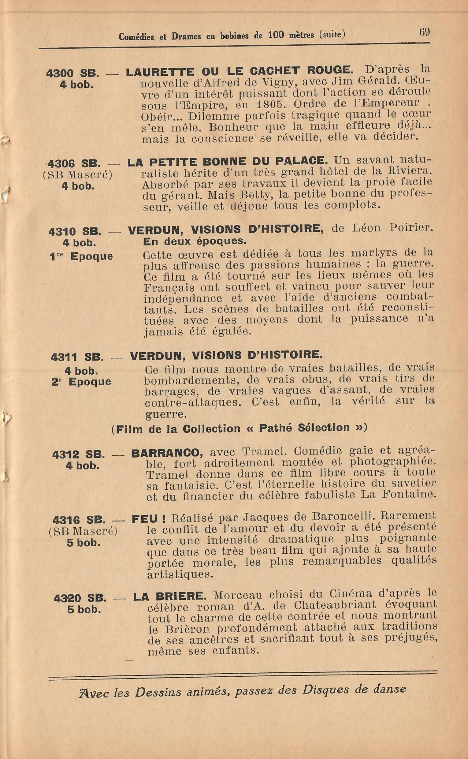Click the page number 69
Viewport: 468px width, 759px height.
424,32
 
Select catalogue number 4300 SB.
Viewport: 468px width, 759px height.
72,73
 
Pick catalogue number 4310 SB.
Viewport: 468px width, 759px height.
75,231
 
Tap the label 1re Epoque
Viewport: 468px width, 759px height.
81,256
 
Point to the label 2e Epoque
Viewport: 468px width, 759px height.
81,382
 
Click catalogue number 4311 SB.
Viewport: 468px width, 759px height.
77,357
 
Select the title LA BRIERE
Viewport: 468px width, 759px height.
169,596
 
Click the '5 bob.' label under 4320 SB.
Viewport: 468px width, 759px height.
84,609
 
